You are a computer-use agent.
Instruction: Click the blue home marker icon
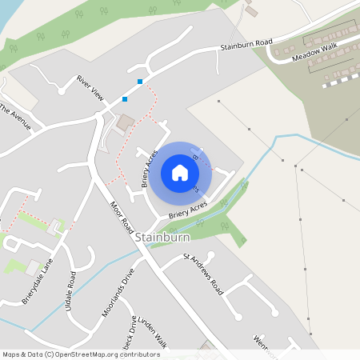click(x=180, y=173)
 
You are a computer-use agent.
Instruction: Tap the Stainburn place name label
click(x=162, y=238)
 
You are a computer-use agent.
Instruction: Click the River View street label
click(x=90, y=88)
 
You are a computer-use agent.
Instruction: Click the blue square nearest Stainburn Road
click(x=140, y=82)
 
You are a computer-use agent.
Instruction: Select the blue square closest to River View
click(x=124, y=99)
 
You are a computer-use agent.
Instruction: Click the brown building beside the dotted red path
click(x=126, y=124)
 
